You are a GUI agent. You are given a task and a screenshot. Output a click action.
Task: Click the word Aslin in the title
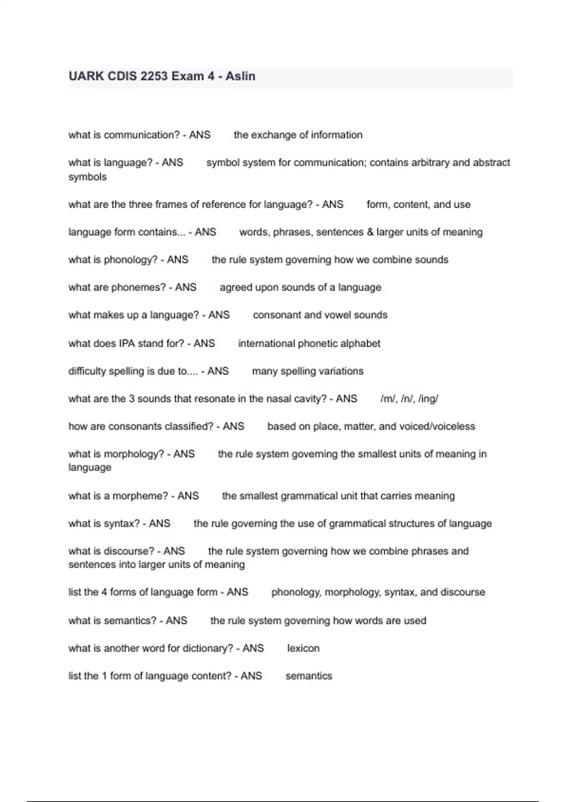[x=241, y=76]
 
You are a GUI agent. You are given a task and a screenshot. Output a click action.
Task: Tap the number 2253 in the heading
[x=154, y=76]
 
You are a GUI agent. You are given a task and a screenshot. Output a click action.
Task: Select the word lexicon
[x=303, y=648]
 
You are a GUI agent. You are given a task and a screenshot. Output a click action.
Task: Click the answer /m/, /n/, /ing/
[x=409, y=399]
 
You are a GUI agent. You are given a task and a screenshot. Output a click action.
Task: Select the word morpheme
[x=143, y=496]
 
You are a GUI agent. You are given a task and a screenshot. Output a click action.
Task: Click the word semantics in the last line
[x=309, y=676]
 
